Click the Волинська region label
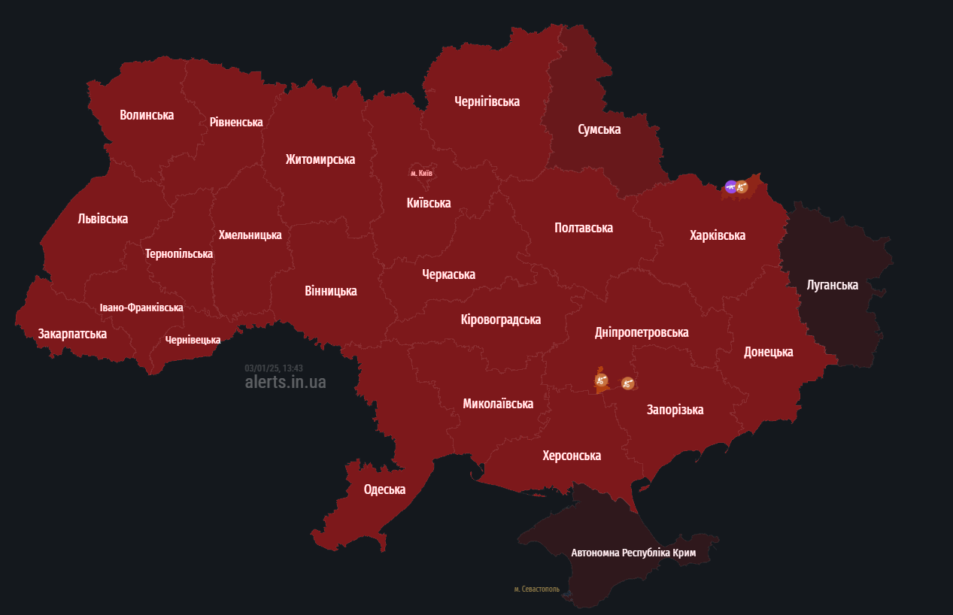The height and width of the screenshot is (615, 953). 147,115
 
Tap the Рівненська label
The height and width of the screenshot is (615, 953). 236,122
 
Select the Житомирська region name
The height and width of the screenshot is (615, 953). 320,159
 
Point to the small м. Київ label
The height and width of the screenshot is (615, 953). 421,174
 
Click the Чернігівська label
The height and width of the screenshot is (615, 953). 487,101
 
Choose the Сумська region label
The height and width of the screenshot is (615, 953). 599,129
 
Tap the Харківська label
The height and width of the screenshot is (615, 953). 717,235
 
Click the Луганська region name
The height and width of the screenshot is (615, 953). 832,285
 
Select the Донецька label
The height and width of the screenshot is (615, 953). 768,352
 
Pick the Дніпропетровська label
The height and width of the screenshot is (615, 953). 641,332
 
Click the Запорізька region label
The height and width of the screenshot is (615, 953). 675,410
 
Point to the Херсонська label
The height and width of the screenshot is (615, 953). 572,456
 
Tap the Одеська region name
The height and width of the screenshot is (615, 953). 384,489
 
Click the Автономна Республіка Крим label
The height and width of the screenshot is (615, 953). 633,553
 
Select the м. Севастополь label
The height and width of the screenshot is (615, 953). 536,589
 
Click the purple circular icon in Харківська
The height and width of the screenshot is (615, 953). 730,186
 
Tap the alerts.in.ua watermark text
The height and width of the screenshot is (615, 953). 285,382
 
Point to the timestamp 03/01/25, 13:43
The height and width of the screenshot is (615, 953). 274,368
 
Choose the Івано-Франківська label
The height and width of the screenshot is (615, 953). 141,307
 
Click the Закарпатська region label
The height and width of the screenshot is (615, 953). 72,334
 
